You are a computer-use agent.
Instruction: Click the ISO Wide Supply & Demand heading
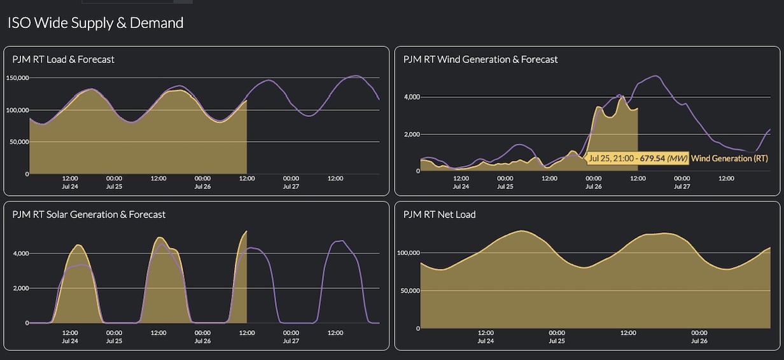[x=95, y=23]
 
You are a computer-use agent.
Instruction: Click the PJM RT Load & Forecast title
[x=64, y=59]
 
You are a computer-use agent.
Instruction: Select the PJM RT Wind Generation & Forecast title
[x=480, y=59]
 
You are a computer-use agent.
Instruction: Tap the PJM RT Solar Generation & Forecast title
[x=89, y=214]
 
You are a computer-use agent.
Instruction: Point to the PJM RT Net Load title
[x=439, y=214]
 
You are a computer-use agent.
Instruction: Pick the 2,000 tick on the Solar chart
[x=19, y=288]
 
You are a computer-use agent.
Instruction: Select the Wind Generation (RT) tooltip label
[x=729, y=158]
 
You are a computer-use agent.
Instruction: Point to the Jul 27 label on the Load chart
[x=291, y=187]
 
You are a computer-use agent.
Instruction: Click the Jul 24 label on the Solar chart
[x=70, y=341]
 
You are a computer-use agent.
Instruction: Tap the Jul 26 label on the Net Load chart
[x=699, y=341]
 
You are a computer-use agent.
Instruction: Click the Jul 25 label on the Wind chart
[x=505, y=187]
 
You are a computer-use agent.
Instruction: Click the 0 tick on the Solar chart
[x=26, y=323]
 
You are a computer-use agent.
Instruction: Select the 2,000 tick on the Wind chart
[x=410, y=134]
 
